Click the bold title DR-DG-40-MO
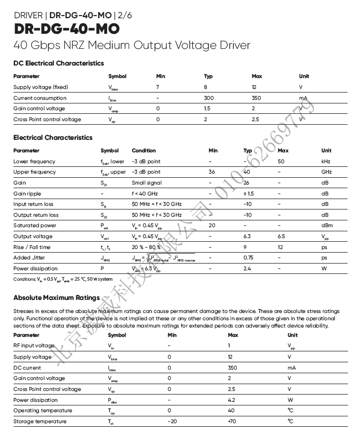click(x=66, y=28)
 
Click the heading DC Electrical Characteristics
click(x=59, y=63)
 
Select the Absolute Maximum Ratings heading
click(x=57, y=298)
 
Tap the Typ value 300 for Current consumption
click(x=209, y=98)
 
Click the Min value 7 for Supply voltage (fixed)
click(x=157, y=87)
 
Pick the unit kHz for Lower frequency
click(x=326, y=162)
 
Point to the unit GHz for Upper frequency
click(x=326, y=172)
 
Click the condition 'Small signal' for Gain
click(x=146, y=183)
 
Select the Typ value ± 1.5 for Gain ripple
click(x=248, y=193)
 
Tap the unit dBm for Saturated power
click(x=327, y=226)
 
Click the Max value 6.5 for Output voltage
click(x=283, y=237)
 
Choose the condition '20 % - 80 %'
click(x=146, y=247)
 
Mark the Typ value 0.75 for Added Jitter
click(x=248, y=258)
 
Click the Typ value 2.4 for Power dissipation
click(x=247, y=269)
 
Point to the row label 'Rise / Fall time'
click(x=32, y=247)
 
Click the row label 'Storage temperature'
click(x=39, y=422)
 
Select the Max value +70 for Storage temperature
click(x=232, y=422)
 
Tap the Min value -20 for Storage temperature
click(x=172, y=422)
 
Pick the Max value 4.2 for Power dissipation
click(x=232, y=400)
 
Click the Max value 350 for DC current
click(x=232, y=368)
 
